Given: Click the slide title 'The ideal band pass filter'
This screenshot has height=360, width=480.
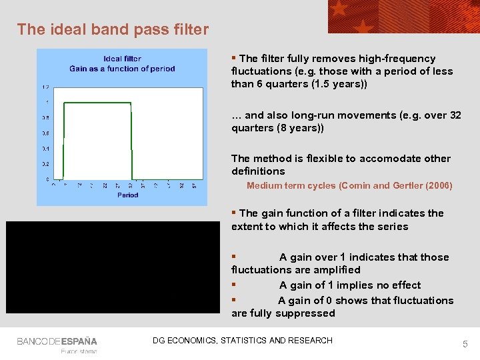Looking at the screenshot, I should point(113,29).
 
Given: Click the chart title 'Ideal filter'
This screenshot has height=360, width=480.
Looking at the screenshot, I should point(122,59).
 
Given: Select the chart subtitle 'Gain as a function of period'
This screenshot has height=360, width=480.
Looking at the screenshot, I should point(122,69).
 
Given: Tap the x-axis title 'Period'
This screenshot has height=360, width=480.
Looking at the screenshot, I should point(128,195).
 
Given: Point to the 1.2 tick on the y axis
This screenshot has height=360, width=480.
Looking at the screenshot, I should point(45,87).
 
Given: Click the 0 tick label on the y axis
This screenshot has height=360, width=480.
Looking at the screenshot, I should point(47,179).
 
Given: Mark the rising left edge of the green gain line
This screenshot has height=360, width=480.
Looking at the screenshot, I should point(63,140).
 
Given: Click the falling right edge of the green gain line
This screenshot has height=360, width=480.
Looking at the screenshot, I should point(131,140).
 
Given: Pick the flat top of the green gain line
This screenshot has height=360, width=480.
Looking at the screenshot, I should point(97,103).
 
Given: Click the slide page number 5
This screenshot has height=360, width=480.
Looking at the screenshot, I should point(465,344).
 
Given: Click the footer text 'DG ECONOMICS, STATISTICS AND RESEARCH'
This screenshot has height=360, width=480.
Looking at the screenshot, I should point(243,341).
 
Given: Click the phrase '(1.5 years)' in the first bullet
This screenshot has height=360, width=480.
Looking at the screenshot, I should point(339,84).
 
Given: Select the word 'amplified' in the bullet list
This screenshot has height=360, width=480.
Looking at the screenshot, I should point(337,270).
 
